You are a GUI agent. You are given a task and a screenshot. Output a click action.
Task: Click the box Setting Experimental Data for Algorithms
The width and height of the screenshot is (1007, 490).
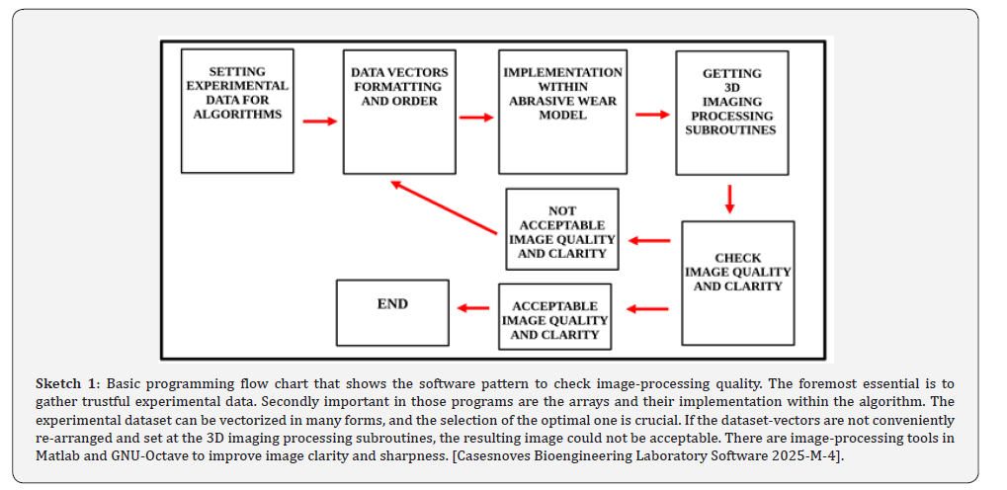[237, 111]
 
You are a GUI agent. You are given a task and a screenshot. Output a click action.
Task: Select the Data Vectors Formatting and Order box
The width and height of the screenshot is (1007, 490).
[399, 112]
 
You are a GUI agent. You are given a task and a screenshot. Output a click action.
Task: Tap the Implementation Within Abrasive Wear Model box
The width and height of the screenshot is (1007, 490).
[562, 112]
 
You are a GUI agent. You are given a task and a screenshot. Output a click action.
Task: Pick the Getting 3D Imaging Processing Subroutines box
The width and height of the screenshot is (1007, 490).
[731, 113]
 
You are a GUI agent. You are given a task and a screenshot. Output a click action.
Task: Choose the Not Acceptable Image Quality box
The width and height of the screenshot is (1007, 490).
[562, 228]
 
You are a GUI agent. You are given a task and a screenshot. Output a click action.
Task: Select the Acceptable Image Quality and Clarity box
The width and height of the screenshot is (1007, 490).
[554, 316]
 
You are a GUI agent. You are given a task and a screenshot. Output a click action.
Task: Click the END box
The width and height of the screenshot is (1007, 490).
[392, 313]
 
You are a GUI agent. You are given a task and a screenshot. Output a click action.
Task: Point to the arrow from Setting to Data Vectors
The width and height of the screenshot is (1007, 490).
[320, 121]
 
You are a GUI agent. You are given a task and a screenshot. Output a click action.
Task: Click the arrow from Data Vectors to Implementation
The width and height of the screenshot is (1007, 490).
[476, 117]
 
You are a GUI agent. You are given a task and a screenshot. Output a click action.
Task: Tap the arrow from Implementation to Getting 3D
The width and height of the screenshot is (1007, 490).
[652, 115]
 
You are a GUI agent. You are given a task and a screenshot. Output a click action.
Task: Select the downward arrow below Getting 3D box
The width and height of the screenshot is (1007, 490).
[729, 200]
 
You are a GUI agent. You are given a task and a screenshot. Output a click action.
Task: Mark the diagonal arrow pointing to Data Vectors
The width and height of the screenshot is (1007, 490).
[445, 206]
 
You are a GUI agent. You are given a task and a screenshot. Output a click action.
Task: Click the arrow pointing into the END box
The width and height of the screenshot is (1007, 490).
[473, 308]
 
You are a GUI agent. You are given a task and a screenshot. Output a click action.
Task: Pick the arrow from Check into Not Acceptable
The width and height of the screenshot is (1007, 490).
[649, 241]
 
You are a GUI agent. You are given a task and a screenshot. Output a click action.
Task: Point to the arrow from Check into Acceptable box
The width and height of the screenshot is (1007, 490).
[647, 309]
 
